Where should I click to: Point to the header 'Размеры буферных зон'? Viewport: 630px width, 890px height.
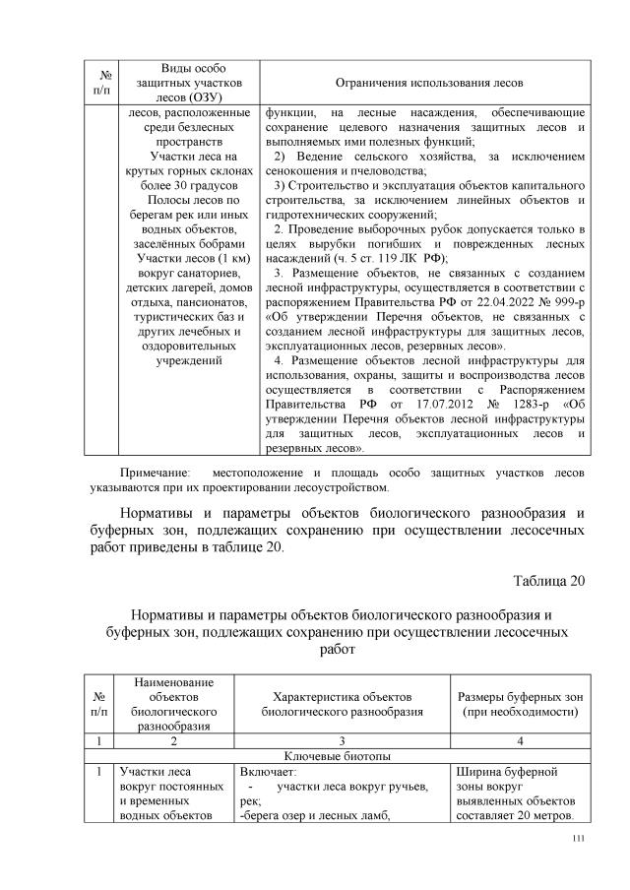tap(518, 696)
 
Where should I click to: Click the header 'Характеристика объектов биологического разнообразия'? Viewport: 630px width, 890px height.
tap(342, 703)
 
